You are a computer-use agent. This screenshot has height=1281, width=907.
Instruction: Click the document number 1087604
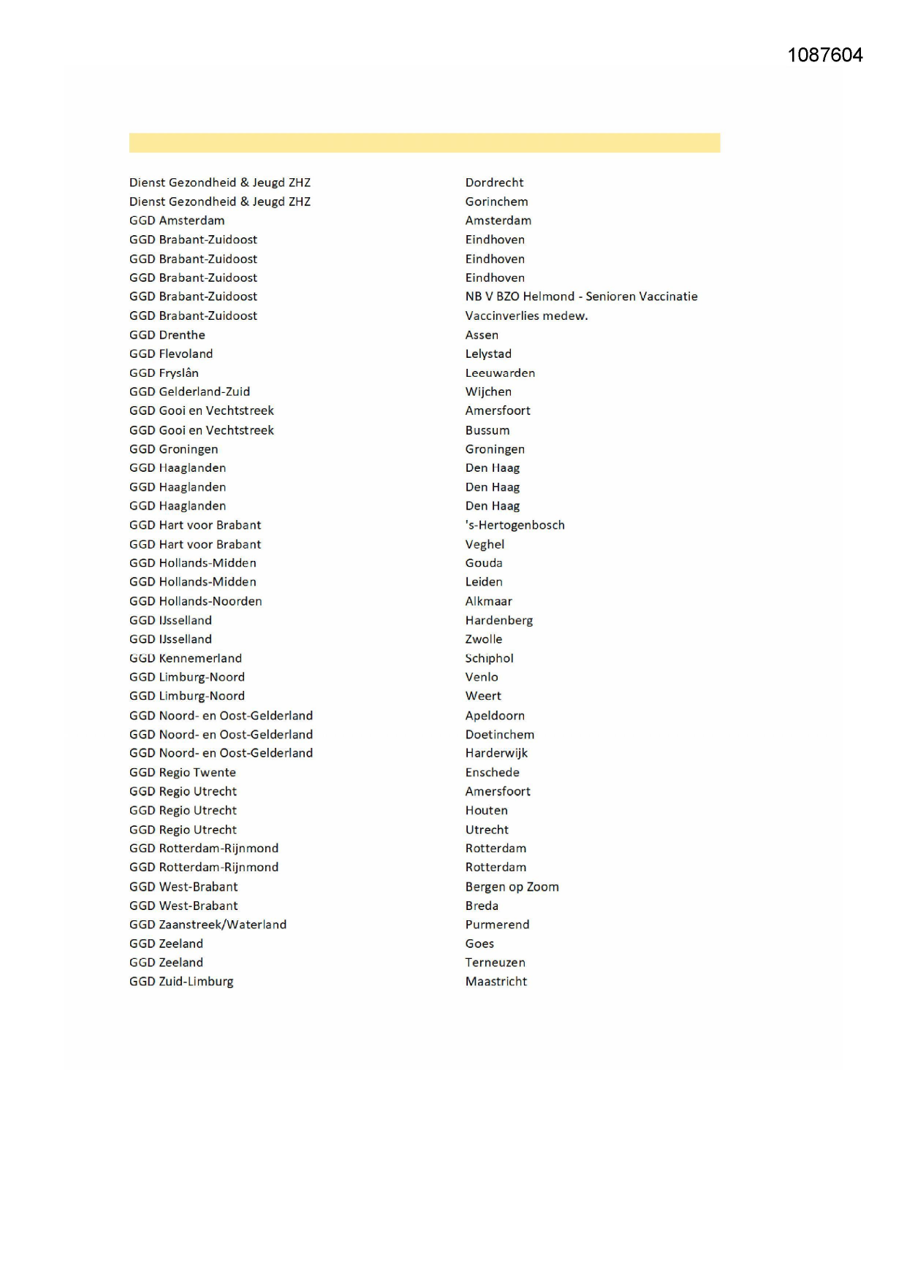(x=824, y=56)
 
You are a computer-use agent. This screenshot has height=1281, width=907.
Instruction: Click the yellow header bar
(x=424, y=143)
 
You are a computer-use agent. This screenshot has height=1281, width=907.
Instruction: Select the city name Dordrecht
(x=494, y=183)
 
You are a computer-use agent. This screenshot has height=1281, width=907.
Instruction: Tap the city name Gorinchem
(x=496, y=202)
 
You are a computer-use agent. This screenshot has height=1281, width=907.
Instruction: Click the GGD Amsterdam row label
(x=177, y=221)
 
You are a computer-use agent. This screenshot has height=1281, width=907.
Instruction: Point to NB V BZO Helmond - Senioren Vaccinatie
(x=581, y=297)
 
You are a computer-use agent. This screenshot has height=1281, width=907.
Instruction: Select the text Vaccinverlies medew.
(x=526, y=316)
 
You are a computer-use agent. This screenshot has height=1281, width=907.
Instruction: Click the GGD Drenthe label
(x=167, y=334)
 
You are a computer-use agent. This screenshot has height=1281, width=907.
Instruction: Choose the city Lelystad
(x=488, y=353)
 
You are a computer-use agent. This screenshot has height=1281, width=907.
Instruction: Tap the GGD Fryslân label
(x=164, y=372)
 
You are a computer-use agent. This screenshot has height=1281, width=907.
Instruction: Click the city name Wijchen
(x=488, y=391)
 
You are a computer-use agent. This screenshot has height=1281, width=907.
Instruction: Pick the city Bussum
(x=487, y=430)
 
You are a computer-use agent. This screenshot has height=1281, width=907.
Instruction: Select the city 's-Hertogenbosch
(x=515, y=525)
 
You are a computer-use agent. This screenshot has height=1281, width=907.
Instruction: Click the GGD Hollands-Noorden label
(x=195, y=601)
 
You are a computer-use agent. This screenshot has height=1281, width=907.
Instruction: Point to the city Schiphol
(x=489, y=658)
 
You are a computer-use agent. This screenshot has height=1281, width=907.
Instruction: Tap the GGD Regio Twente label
(x=183, y=772)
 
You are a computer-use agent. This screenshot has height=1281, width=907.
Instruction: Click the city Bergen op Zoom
(x=512, y=887)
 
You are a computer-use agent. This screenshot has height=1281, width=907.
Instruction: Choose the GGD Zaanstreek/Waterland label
(x=208, y=925)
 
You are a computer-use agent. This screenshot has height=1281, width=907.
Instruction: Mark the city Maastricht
(x=496, y=982)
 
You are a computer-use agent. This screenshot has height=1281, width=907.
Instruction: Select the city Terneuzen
(x=495, y=963)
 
